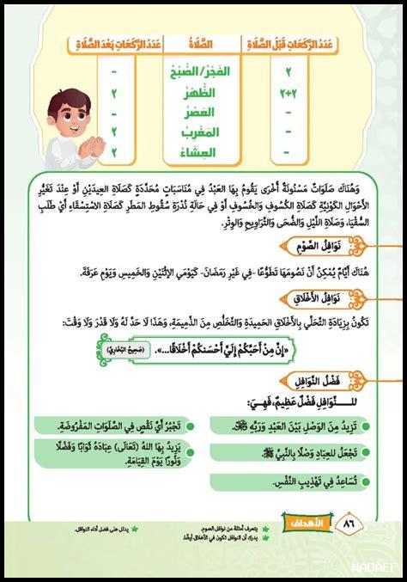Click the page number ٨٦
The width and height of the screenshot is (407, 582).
point(349,522)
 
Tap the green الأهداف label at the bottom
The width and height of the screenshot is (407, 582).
point(301,522)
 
